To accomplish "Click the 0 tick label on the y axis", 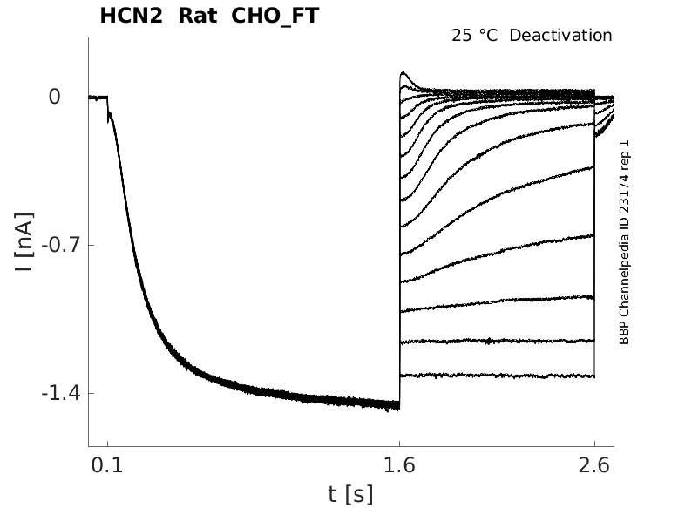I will point(54,97).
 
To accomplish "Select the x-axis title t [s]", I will point(350,494).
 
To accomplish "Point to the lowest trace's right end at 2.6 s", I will point(593,376).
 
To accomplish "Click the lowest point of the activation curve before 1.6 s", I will point(397,407).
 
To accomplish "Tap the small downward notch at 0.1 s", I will point(108,121).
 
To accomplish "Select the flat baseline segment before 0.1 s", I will point(97,97).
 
